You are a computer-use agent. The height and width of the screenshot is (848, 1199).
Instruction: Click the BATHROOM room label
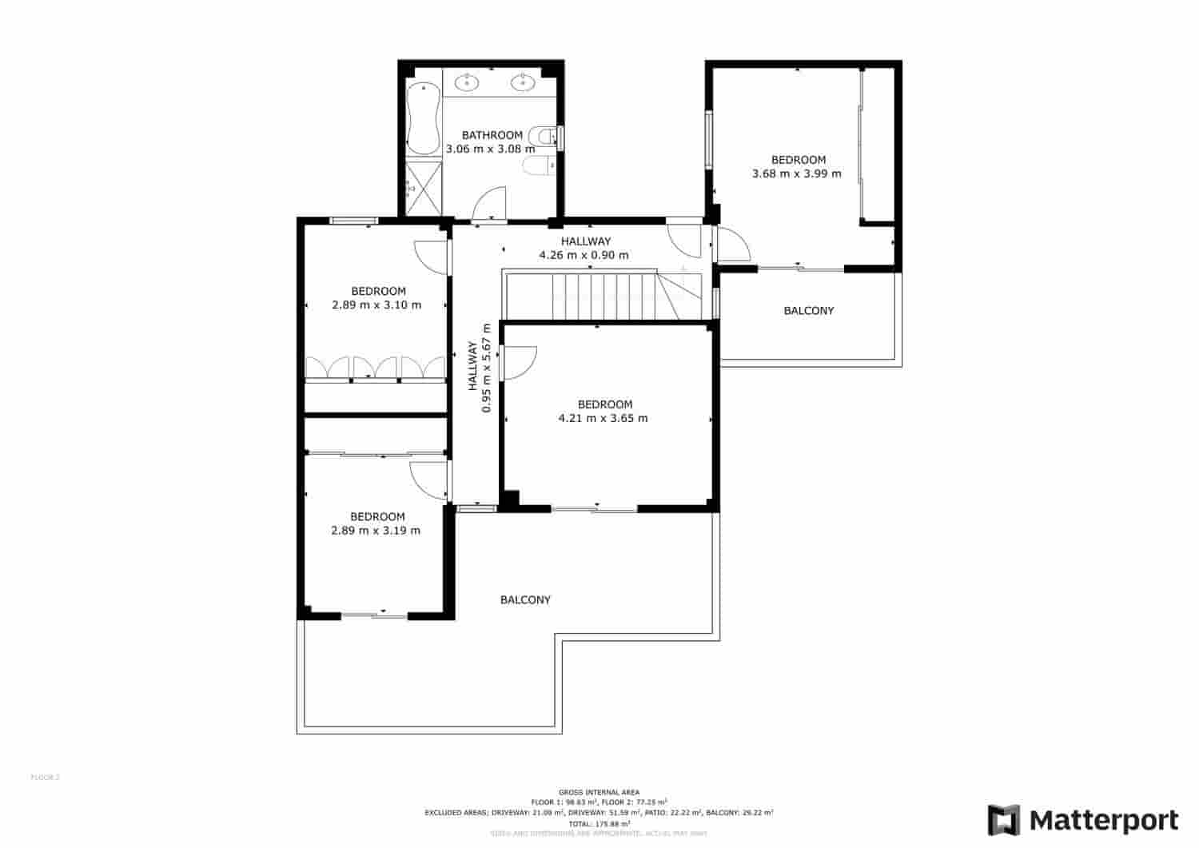(x=492, y=135)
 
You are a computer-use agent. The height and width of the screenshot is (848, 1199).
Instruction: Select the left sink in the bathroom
(x=467, y=82)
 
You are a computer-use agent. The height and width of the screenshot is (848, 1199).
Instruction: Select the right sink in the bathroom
(x=524, y=82)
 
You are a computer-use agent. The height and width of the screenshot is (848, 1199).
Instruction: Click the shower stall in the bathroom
(x=424, y=189)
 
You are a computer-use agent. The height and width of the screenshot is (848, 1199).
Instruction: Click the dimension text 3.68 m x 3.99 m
(x=797, y=173)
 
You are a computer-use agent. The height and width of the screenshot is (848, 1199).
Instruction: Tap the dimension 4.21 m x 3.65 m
(x=603, y=418)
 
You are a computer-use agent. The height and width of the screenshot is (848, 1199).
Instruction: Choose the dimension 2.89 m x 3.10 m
(x=376, y=305)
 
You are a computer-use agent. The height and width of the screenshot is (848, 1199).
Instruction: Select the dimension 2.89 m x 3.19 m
(x=376, y=530)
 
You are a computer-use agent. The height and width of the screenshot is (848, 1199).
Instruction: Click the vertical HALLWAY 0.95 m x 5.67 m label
(x=479, y=368)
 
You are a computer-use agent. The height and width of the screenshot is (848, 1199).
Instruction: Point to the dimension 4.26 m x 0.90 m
(x=584, y=255)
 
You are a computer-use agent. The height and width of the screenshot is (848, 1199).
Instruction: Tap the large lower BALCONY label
(x=525, y=599)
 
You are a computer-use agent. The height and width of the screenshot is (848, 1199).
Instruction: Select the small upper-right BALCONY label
(x=808, y=310)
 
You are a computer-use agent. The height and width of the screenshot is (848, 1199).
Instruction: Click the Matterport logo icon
(x=1004, y=820)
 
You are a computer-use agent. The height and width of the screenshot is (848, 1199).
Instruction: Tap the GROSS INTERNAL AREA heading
(x=599, y=792)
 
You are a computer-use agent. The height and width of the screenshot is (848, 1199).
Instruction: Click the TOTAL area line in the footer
(x=599, y=823)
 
